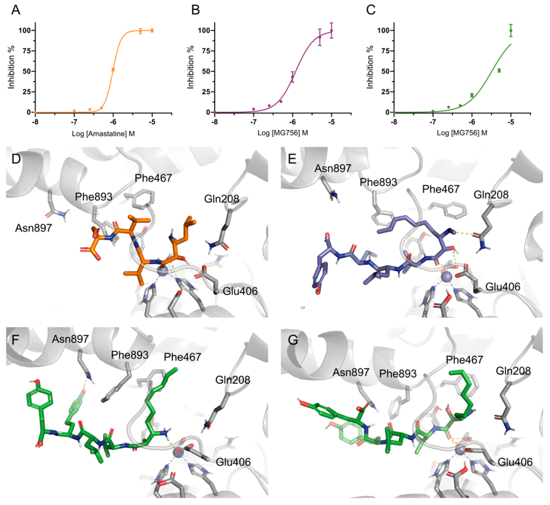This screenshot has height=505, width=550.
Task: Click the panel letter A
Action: coord(16,10)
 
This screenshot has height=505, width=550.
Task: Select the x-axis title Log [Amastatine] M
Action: coord(103,134)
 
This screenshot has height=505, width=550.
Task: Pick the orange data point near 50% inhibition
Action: coord(113,69)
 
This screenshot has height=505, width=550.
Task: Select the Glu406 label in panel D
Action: coord(240,291)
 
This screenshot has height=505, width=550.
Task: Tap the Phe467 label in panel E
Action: coord(440,189)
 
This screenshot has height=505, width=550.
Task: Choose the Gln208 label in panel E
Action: coord(491,194)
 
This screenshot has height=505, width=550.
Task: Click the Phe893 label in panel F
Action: coord(130,355)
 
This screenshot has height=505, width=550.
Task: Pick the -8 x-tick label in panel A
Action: coord(35,122)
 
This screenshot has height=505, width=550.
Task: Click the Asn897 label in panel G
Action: coord(351,372)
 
